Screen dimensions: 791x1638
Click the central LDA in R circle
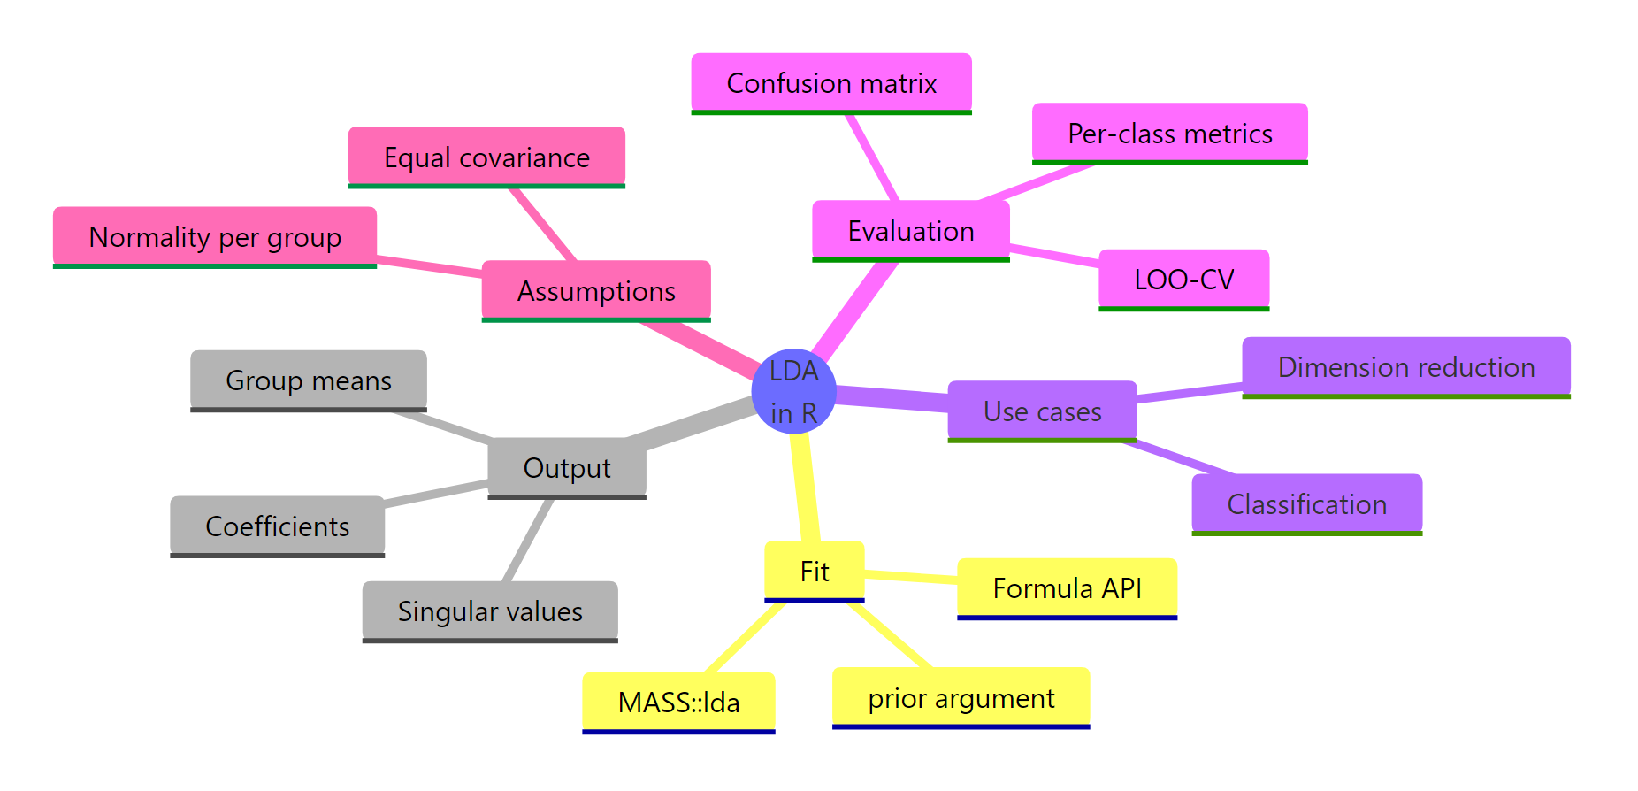tap(793, 391)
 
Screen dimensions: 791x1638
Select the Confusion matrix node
tap(830, 83)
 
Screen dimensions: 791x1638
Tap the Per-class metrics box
tap(1169, 134)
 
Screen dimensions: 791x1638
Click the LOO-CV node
tap(1183, 280)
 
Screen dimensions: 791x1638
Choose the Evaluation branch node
tap(910, 231)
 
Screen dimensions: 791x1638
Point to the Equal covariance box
tap(486, 157)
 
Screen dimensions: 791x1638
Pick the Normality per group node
tap(215, 237)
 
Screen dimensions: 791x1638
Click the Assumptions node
tap(596, 291)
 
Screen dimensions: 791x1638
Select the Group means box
tap(308, 380)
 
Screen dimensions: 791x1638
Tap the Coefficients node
tap(277, 526)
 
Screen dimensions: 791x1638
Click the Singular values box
tap(489, 611)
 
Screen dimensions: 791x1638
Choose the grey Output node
tap(567, 468)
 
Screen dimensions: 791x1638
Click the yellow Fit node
tap(814, 572)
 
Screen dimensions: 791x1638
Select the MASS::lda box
tap(678, 703)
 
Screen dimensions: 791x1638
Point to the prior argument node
tap(961, 698)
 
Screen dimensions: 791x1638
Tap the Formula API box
tap(1067, 588)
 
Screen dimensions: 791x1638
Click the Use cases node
tap(1042, 411)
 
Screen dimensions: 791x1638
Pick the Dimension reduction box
tap(1405, 367)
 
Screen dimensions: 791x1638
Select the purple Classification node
tap(1306, 504)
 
